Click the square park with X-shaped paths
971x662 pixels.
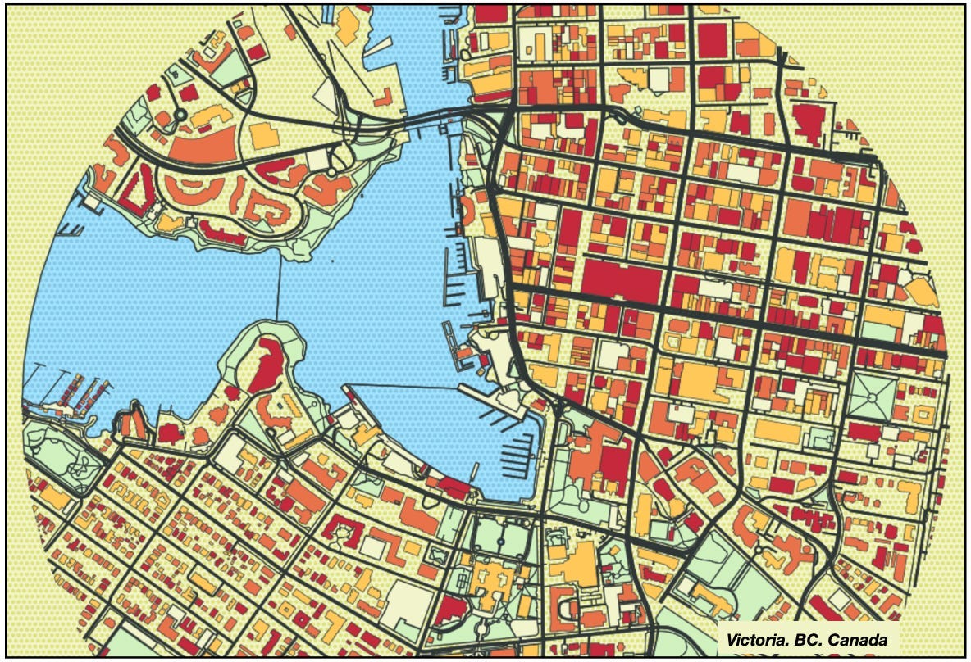click(x=872, y=397)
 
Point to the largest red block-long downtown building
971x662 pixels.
click(x=621, y=282)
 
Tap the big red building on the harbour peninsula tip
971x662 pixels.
click(x=266, y=365)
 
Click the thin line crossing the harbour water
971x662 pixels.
click(x=278, y=287)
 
